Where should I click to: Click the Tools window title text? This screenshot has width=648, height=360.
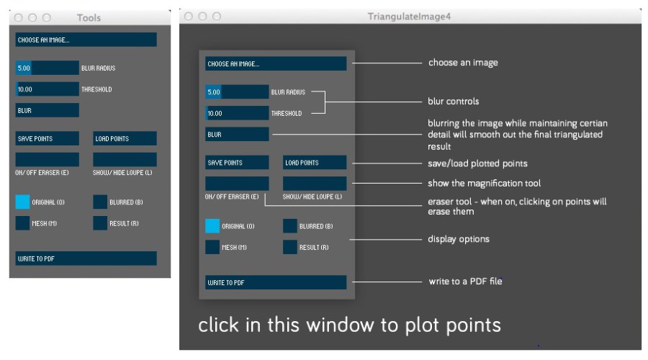pyautogui.click(x=89, y=17)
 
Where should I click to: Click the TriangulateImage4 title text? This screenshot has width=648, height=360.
pyautogui.click(x=409, y=17)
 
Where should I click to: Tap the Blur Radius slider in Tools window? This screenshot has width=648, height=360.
pyautogui.click(x=47, y=68)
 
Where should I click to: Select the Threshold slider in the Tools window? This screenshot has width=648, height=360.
pyautogui.click(x=47, y=89)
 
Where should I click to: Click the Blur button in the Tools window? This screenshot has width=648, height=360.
pyautogui.click(x=47, y=110)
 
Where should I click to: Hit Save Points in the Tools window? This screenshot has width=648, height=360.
pyautogui.click(x=47, y=138)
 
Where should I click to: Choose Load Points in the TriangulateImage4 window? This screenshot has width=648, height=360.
pyautogui.click(x=315, y=163)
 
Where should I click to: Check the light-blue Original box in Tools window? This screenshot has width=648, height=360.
pyautogui.click(x=22, y=202)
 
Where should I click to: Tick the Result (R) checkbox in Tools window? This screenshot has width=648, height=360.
pyautogui.click(x=100, y=223)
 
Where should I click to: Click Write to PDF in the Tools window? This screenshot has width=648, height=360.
pyautogui.click(x=86, y=258)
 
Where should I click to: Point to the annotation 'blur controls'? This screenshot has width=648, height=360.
pyautogui.click(x=454, y=102)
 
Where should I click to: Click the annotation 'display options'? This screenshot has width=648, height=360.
pyautogui.click(x=459, y=239)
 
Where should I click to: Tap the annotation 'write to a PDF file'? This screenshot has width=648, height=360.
pyautogui.click(x=465, y=282)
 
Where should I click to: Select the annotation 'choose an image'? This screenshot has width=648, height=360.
pyautogui.click(x=463, y=63)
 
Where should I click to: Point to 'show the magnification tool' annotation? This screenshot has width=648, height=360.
pyautogui.click(x=484, y=183)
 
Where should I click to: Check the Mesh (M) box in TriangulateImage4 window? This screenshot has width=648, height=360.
pyautogui.click(x=212, y=247)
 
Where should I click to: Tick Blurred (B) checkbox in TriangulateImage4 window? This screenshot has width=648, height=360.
pyautogui.click(x=289, y=226)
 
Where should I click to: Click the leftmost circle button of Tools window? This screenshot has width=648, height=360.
pyautogui.click(x=18, y=17)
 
